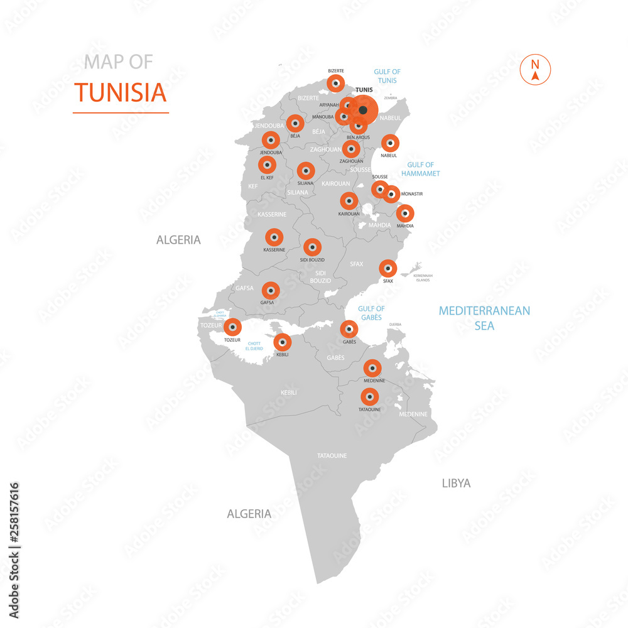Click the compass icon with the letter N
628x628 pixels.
point(535,69)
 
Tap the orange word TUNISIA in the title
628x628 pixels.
point(121,92)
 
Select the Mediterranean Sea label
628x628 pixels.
point(484,318)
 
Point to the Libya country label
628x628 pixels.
point(456,483)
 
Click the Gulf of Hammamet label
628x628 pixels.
point(421,169)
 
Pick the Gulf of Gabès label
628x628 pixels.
point(371,313)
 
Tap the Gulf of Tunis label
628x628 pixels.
point(387,76)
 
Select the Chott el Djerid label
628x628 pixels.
point(254,345)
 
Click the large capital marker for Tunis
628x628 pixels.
point(363,110)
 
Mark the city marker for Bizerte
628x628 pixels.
point(336,83)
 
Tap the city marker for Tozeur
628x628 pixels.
point(232,327)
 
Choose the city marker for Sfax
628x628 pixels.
point(388,268)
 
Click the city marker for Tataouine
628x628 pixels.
point(369,396)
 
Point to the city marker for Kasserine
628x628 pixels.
point(274,237)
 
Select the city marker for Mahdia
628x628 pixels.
point(405,214)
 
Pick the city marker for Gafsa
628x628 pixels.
point(271,290)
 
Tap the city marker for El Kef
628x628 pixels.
point(267,165)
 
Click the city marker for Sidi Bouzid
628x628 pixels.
point(312,247)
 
